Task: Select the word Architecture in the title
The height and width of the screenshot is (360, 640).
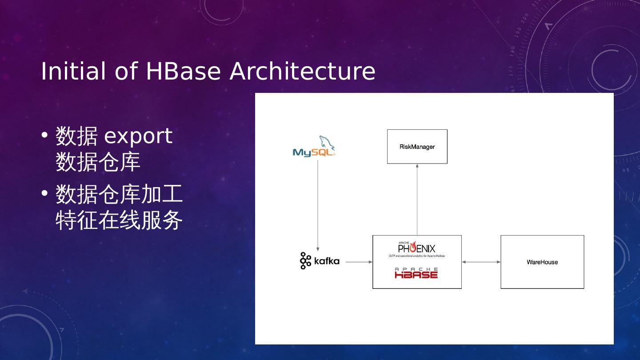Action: coord(302,71)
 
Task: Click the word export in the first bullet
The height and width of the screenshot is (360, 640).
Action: coord(138,136)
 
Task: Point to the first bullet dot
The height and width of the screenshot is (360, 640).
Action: coord(44,135)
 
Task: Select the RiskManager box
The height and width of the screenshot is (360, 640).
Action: coord(417,147)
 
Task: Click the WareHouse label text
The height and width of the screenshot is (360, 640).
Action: coord(542,262)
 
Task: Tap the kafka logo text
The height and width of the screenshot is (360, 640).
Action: coord(327,261)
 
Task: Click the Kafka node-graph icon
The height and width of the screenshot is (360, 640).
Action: coord(305,261)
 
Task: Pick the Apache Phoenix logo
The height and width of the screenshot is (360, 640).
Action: coord(416,249)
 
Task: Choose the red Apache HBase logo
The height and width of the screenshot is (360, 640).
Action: coord(416,273)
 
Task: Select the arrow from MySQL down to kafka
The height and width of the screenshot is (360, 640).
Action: coord(317,204)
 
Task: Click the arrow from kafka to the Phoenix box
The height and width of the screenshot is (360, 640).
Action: coord(359,262)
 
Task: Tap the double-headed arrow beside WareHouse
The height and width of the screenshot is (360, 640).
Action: coord(481,262)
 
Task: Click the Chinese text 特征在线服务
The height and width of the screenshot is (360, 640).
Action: coord(119,220)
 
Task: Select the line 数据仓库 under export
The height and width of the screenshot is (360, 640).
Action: coord(98,162)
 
